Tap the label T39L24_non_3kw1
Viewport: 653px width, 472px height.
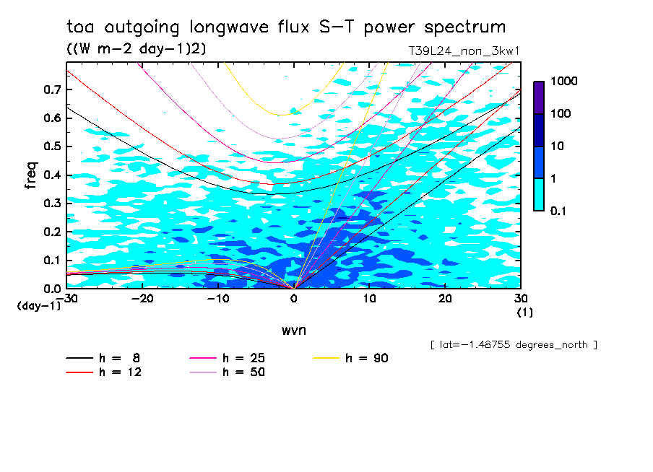pos(464,51)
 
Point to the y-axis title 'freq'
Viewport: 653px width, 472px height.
pos(31,175)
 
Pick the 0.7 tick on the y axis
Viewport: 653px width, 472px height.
pos(51,89)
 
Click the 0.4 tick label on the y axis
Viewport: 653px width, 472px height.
pos(51,175)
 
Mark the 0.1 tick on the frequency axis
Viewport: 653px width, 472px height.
pos(51,260)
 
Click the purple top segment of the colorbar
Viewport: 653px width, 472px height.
pos(539,97)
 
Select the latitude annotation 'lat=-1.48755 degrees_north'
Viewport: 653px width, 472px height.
pos(514,344)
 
